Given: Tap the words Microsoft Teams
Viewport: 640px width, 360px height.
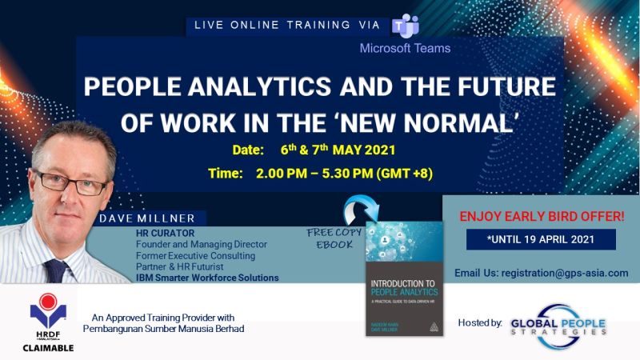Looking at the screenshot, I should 405,48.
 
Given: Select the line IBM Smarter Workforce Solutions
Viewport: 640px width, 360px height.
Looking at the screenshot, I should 207,278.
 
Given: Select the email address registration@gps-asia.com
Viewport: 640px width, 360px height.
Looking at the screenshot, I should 541,274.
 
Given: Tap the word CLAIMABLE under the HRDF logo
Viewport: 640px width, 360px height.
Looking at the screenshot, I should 47,348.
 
